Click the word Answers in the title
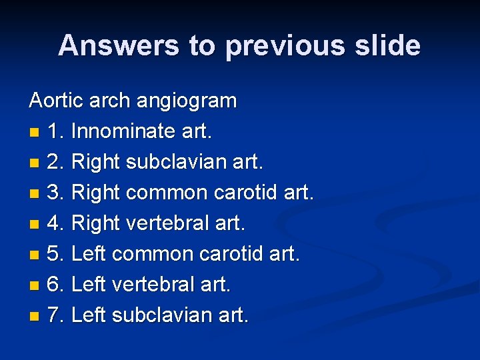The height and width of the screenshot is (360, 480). tap(117, 46)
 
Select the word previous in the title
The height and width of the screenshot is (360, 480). tap(281, 46)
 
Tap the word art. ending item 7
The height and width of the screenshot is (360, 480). tap(233, 315)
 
